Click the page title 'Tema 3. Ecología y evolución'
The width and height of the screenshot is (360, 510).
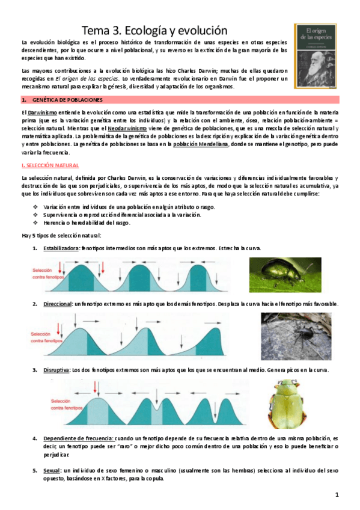(154, 29)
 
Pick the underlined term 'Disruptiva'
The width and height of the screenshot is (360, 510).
(55, 369)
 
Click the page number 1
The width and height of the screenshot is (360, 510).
(338, 495)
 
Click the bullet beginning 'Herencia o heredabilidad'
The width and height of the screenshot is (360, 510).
(87, 223)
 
